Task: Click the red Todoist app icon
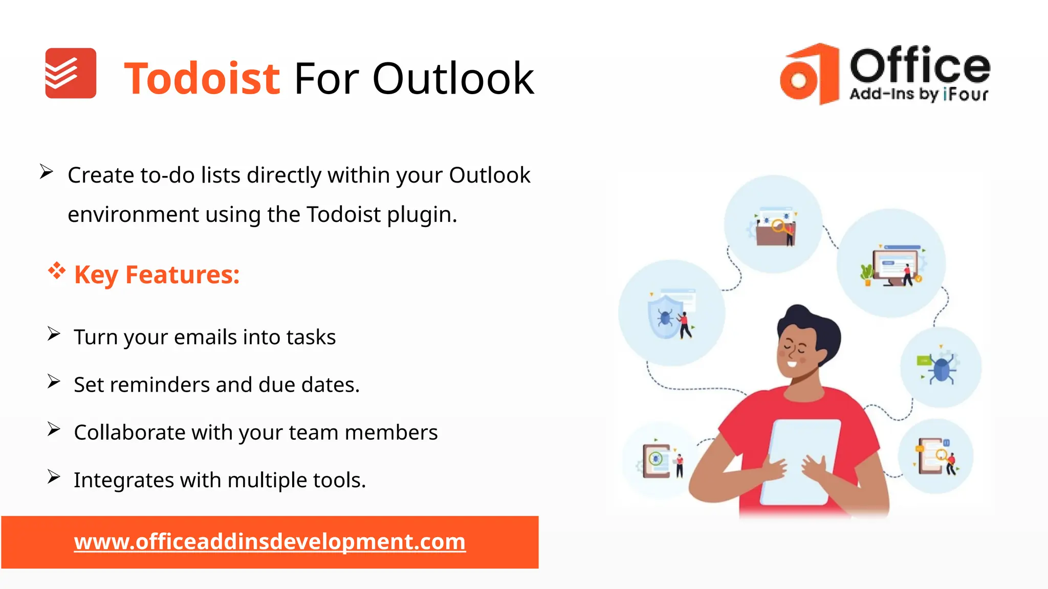[x=71, y=73]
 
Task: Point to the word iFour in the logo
[x=966, y=94]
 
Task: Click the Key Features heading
[x=157, y=275]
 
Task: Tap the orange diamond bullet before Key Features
[x=57, y=270]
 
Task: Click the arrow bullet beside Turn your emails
[x=54, y=334]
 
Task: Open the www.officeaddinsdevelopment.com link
[x=270, y=541]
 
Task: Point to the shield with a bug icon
[x=665, y=318]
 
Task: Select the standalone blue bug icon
[x=942, y=368]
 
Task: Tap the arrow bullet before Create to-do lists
[x=47, y=172]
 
